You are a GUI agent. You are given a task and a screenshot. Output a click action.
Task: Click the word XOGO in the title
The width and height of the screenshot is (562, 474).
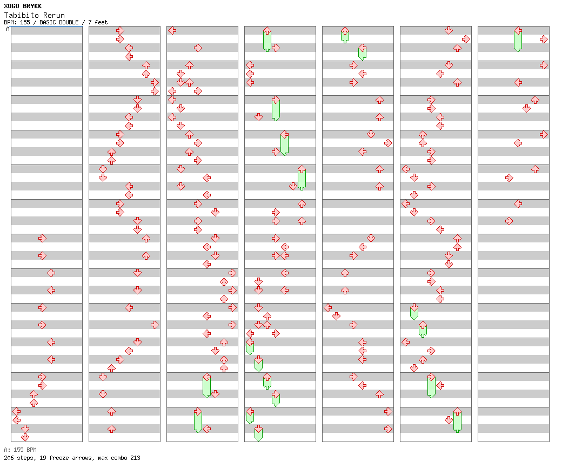[x=11, y=6]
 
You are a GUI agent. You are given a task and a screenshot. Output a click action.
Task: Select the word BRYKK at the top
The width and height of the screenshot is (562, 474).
[x=32, y=6]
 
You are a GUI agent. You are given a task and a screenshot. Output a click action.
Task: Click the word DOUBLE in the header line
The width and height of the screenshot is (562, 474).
[x=68, y=22]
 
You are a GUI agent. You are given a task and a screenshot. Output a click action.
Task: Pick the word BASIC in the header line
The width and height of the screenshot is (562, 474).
[x=48, y=22]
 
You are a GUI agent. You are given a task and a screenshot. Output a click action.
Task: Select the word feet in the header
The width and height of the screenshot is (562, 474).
[x=101, y=22]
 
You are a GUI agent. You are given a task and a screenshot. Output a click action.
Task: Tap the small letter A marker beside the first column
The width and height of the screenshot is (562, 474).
[x=8, y=29]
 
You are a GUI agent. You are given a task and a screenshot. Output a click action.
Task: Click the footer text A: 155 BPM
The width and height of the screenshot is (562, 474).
[x=20, y=450]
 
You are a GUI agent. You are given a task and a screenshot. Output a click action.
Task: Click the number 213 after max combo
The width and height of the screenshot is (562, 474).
[x=135, y=458]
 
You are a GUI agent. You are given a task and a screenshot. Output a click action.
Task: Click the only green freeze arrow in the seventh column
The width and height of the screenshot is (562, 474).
[x=518, y=40]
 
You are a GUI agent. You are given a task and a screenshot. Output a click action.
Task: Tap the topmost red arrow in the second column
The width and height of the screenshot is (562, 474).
[x=120, y=30]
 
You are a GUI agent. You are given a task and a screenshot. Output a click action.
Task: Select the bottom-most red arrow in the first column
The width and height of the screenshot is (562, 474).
[x=25, y=437]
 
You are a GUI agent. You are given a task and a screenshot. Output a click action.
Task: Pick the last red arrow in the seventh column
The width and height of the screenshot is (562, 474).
[x=509, y=221]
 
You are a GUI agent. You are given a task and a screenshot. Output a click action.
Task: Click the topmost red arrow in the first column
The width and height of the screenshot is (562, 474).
[x=42, y=238]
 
